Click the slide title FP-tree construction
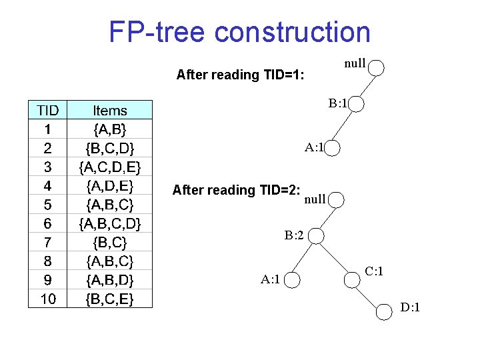pos(239,31)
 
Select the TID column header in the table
pos(48,110)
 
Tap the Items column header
pos(110,110)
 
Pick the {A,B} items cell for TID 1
pos(110,128)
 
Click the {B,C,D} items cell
pos(110,147)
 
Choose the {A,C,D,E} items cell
pos(110,165)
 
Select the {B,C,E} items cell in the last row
pos(110,299)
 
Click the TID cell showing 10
pos(48,299)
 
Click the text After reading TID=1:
pos(240,75)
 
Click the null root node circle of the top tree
pos(376,67)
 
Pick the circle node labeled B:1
pos(355,105)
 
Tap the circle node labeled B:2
pos(317,237)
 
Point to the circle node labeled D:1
pos(385,311)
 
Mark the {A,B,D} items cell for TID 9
pos(110,280)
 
